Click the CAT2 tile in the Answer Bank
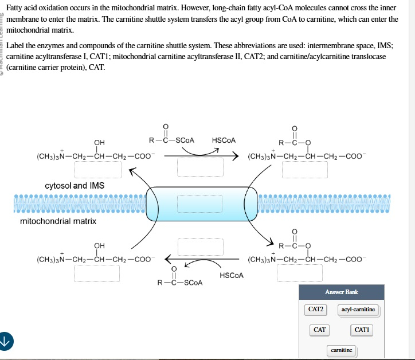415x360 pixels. tap(316, 310)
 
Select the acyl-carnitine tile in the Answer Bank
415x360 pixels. tap(358, 310)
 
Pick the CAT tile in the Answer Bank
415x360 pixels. tap(320, 330)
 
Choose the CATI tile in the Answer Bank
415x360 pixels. tap(362, 330)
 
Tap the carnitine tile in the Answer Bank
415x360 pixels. tap(342, 350)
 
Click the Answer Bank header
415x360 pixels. tap(342, 292)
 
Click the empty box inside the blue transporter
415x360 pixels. tap(199, 203)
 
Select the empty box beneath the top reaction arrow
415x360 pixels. tap(199, 167)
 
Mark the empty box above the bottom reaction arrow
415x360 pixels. tap(199, 246)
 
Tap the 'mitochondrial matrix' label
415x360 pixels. tap(58, 221)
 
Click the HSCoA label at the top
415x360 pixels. tap(224, 140)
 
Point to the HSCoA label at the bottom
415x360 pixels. tap(232, 275)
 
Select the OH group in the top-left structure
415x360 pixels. tap(99, 142)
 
